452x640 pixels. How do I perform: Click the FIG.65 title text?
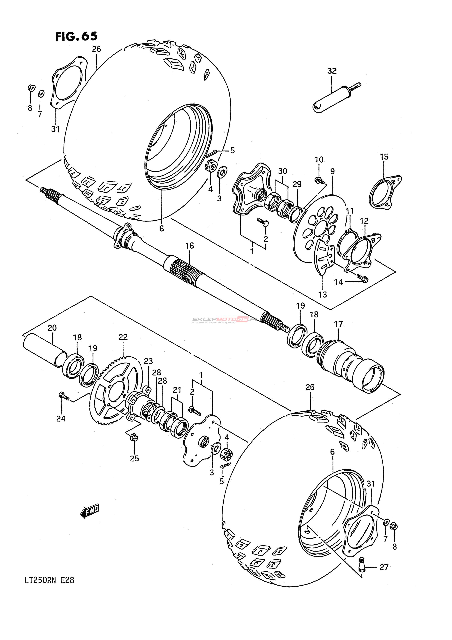(76, 36)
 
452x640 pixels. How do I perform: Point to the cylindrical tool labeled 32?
(336, 98)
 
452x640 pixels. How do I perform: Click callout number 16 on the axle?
(190, 246)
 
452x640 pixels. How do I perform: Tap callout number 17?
(338, 324)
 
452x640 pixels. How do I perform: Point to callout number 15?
(384, 157)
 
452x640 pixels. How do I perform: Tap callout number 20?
(52, 328)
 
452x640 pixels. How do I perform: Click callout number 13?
(323, 294)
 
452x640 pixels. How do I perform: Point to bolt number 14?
(362, 278)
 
